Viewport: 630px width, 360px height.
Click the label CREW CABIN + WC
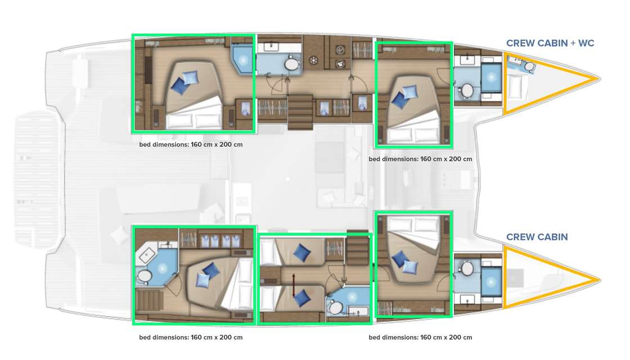(550, 43)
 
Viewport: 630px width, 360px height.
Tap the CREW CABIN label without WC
(537, 237)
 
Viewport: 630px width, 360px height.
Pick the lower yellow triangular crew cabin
(540, 278)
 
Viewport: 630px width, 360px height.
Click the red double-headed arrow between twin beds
(294, 280)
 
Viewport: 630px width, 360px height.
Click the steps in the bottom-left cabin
(150, 301)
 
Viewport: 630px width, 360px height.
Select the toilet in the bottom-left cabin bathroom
(145, 276)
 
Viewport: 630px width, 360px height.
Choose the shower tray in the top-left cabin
(242, 58)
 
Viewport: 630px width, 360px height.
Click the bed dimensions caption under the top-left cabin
(191, 145)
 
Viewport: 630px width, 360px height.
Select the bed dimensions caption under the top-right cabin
(420, 159)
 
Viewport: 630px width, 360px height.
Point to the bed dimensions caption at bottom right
(420, 337)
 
